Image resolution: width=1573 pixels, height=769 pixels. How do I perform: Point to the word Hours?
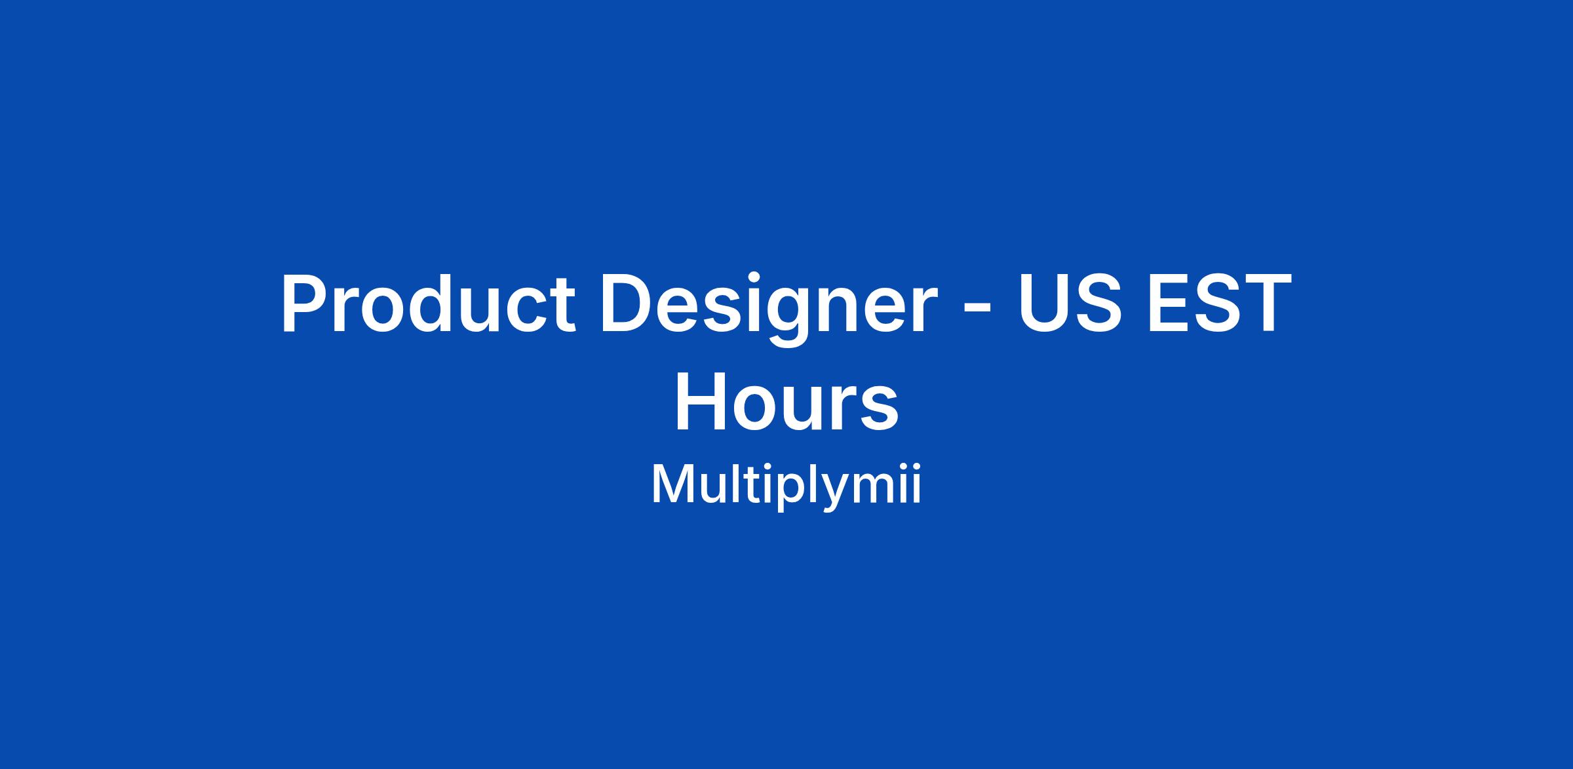coord(786,402)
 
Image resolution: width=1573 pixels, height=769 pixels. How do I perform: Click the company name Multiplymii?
coord(786,486)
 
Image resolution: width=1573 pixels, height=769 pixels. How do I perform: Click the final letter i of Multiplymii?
coord(916,484)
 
